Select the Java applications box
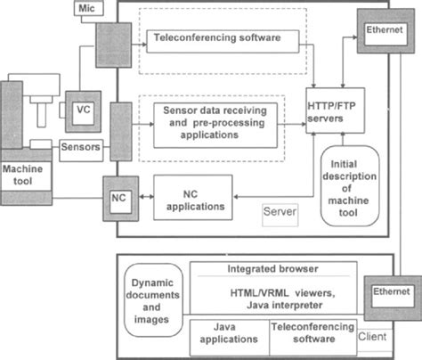point(229,333)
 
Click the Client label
point(372,339)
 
